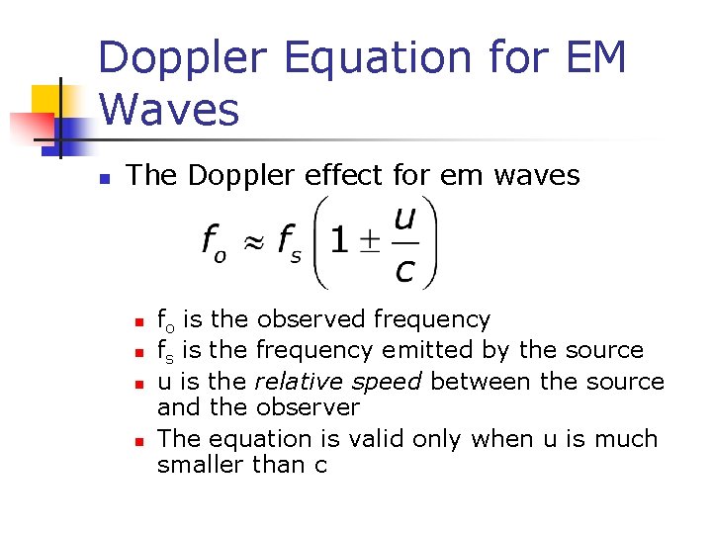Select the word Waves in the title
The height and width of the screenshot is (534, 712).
click(x=169, y=109)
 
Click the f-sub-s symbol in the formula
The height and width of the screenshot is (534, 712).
click(x=289, y=242)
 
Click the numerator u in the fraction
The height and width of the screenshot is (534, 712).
click(x=403, y=219)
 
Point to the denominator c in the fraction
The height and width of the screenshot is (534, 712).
click(x=403, y=267)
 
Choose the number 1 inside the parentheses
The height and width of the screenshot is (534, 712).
click(x=339, y=241)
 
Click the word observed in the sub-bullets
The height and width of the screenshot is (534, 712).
click(x=311, y=319)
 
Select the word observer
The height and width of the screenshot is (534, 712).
click(x=308, y=407)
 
